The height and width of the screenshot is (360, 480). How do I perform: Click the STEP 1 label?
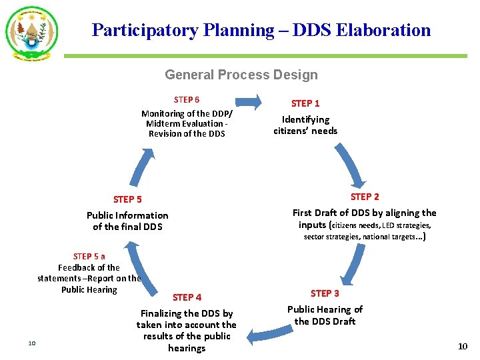coord(305,103)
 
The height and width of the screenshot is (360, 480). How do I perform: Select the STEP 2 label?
coord(365,197)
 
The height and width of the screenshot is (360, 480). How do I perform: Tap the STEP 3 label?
coord(325,293)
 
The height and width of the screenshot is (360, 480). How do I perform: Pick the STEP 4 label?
coord(187,297)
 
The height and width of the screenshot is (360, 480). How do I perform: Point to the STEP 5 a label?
coord(89,256)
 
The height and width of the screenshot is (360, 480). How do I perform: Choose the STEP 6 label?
coord(187,100)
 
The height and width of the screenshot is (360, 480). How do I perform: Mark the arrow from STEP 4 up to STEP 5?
coord(137,266)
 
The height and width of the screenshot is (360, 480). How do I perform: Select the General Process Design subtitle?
coord(241,75)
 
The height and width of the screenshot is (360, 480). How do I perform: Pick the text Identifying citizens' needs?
coord(305,125)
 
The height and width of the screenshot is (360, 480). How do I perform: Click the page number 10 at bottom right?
coord(463,346)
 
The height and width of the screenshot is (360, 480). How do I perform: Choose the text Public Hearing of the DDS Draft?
coord(325,315)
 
